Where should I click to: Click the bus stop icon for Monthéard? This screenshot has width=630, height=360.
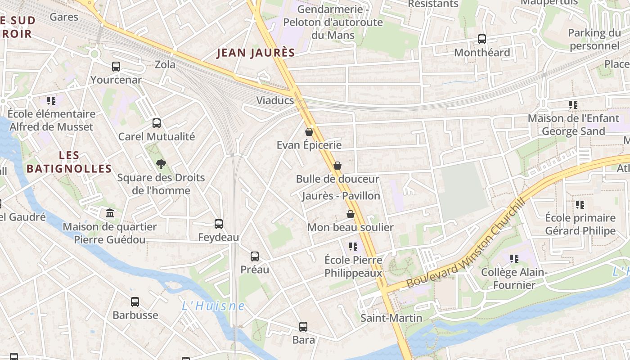tap(482, 39)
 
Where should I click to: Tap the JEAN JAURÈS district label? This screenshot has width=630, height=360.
tap(256, 53)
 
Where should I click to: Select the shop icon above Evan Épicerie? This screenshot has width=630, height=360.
tap(309, 132)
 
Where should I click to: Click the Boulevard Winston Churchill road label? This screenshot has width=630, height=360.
tap(466, 243)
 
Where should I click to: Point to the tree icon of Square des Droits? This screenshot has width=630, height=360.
tap(161, 164)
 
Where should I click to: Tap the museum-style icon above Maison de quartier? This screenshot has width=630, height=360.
tap(110, 213)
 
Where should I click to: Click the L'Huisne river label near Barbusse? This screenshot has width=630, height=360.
tap(213, 306)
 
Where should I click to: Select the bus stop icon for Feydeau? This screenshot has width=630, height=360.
tap(219, 224)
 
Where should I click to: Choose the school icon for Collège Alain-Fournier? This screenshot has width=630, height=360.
tap(514, 259)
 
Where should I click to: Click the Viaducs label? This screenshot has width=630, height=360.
tap(275, 100)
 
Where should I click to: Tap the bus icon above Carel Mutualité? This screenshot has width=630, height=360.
tap(157, 123)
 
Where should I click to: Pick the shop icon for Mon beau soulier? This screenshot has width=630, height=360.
tap(351, 214)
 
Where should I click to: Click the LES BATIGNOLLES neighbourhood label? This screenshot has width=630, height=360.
tap(69, 162)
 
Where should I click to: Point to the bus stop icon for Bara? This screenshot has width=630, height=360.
tap(303, 326)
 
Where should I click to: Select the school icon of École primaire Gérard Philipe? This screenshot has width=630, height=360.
tap(580, 205)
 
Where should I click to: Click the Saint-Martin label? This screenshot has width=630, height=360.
tap(391, 318)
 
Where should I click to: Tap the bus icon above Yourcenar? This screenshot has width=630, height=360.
tap(116, 67)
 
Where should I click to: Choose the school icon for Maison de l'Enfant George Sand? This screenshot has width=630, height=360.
tap(573, 105)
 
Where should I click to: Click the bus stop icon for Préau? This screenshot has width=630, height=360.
tap(255, 256)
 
